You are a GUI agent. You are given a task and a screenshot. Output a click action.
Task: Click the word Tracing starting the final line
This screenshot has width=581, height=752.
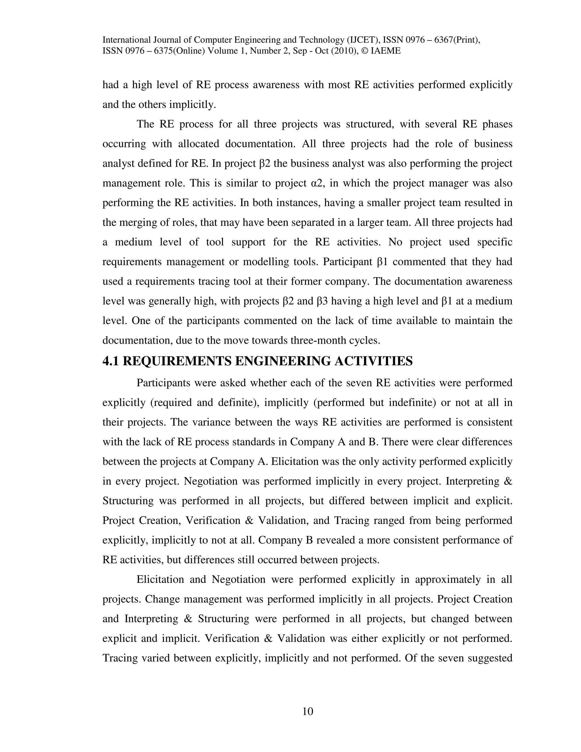tap(119, 658)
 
